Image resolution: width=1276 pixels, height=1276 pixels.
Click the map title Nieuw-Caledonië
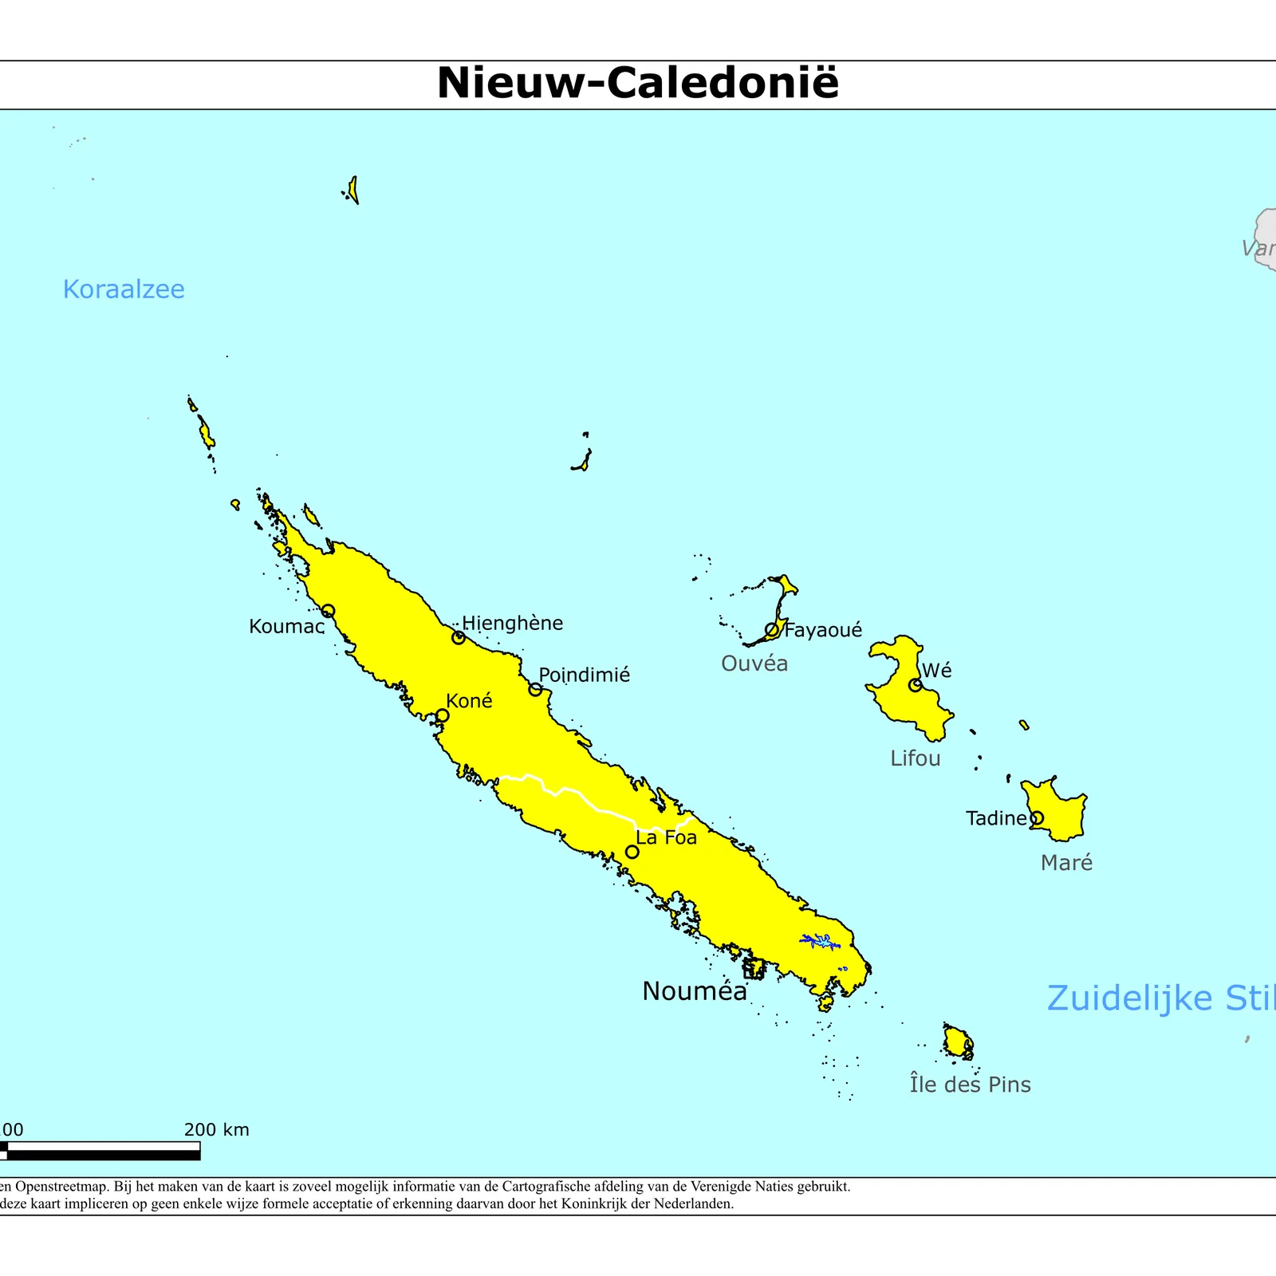click(638, 83)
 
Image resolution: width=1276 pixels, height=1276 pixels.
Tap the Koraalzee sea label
click(124, 289)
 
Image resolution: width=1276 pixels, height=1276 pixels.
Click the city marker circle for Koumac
click(328, 612)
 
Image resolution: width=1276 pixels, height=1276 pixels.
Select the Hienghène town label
click(513, 623)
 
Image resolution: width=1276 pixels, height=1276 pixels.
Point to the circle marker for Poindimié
click(536, 689)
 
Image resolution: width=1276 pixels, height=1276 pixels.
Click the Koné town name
click(469, 701)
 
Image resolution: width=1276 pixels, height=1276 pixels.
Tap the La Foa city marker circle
click(632, 852)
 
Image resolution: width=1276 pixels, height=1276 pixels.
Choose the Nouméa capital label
click(695, 991)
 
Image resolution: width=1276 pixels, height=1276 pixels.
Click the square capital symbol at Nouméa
click(753, 970)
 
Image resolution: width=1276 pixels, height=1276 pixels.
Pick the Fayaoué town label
click(823, 630)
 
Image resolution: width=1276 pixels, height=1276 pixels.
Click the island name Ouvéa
click(754, 664)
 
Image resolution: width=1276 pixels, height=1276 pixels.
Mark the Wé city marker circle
click(916, 685)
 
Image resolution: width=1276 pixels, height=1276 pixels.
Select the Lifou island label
click(916, 758)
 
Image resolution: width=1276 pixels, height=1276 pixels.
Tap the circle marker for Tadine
click(1037, 818)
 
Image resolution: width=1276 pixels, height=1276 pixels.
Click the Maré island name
click(1066, 862)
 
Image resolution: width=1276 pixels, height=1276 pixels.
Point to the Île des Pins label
click(970, 1085)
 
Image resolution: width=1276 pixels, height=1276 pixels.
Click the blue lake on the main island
click(821, 941)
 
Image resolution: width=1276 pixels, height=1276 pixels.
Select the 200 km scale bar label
click(216, 1129)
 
